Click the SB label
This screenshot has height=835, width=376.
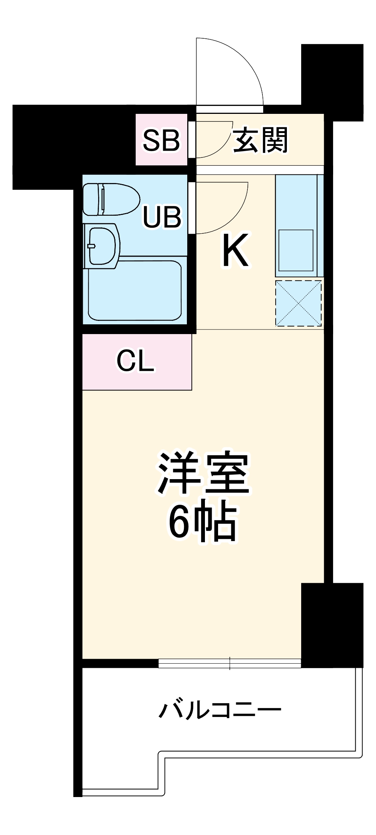coord(162,140)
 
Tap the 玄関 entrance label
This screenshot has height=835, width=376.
coord(261,140)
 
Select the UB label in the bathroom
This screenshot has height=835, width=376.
coord(162,217)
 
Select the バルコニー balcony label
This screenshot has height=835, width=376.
coord(220,710)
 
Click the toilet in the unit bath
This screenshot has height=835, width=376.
coord(111,199)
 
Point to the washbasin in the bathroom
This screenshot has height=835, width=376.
coord(102,246)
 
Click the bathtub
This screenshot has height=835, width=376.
coord(135,290)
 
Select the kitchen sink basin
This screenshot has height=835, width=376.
coord(296,250)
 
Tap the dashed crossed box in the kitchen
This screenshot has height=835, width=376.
coord(299,303)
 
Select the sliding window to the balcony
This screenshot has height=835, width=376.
coord(229,664)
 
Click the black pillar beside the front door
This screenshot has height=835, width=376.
coord(332,82)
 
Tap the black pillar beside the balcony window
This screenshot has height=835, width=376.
coord(332,625)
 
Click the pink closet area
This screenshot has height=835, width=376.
coord(137,362)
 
